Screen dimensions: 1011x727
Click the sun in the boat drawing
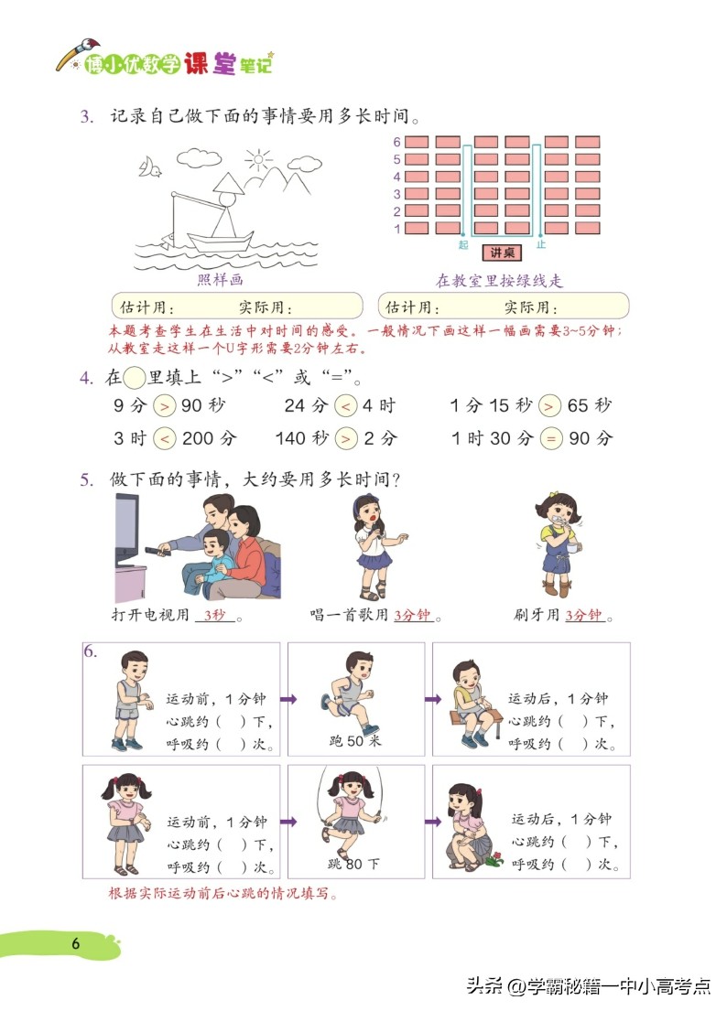click(x=259, y=163)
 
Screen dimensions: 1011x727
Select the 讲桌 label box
click(x=502, y=253)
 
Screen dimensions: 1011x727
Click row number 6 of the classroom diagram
click(x=396, y=142)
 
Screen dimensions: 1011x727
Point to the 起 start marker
click(x=463, y=245)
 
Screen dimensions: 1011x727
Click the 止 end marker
click(x=541, y=245)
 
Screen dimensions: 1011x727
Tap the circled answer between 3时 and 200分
click(x=164, y=438)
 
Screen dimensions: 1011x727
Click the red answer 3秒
click(x=215, y=615)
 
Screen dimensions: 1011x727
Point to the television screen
click(x=125, y=529)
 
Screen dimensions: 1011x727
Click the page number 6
click(x=77, y=943)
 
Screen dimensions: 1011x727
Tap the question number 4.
click(x=85, y=377)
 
